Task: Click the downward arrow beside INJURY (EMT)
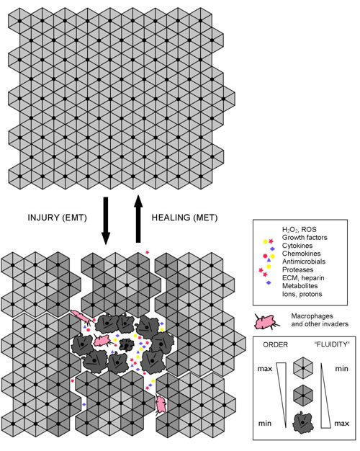point(106,220)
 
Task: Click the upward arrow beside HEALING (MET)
point(138,218)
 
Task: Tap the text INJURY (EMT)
point(57,218)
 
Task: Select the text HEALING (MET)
point(184,218)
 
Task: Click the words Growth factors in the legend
point(305,238)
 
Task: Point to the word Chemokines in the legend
point(302,254)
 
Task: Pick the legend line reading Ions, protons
point(302,294)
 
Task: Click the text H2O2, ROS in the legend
point(299,230)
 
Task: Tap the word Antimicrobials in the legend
point(304,262)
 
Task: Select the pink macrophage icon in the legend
point(266,321)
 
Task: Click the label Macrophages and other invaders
point(320,320)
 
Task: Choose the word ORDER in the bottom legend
point(275,344)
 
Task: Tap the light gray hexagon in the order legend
point(303,368)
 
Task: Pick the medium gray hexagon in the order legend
point(303,396)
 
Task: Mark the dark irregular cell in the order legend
point(302,421)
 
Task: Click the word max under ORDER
point(264,368)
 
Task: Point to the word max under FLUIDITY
point(341,424)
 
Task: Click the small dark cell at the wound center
point(126,344)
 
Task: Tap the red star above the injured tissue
point(147,252)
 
